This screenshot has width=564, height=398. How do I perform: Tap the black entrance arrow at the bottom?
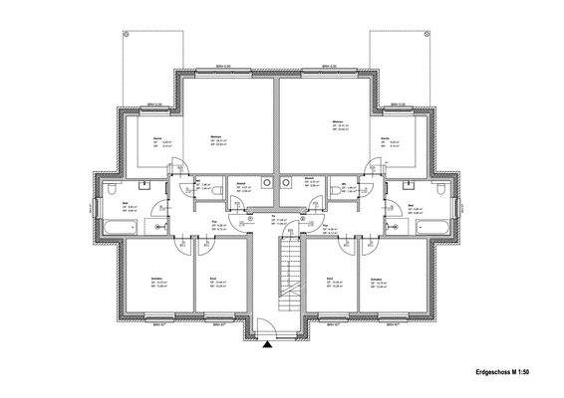coord(267,345)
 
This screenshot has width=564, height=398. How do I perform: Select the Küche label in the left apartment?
coord(156,137)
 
